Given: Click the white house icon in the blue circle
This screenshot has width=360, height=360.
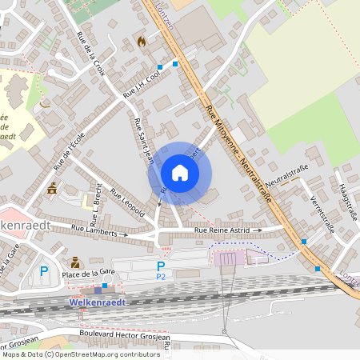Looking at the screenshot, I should click(180, 173).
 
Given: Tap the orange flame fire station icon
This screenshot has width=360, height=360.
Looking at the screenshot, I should click(142, 41).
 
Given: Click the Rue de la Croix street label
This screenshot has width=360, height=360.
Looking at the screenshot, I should click(90, 54).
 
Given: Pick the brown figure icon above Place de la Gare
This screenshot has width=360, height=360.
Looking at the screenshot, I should click(75, 262).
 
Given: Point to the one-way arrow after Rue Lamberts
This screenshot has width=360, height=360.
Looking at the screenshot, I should click(123, 235).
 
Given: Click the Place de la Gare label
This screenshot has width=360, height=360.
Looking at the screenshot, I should click(89, 274).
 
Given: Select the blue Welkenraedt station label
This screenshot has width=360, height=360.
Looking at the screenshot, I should click(98, 303).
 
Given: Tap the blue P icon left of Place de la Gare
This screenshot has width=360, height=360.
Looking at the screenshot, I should click(44, 271).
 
